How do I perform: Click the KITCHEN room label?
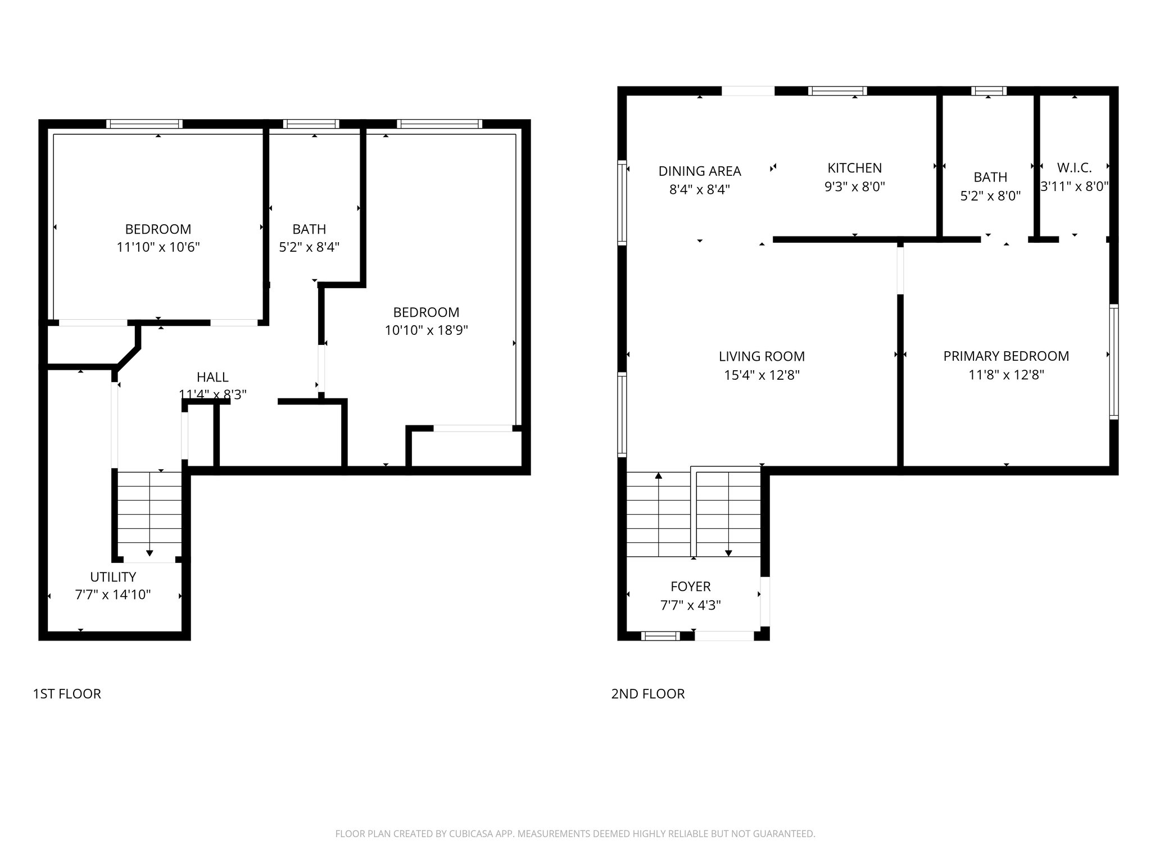point(854,168)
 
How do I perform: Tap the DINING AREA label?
point(699,171)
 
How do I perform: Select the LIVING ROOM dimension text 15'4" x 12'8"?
point(762,375)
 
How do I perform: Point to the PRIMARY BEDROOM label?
point(1005,356)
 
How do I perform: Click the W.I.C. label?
point(1074,167)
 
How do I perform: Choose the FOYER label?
point(690,587)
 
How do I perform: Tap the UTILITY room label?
point(113,577)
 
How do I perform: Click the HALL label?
point(212,378)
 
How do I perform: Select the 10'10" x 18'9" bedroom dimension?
point(426,330)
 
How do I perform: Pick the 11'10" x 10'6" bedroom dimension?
point(158,247)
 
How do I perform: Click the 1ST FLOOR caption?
point(67,694)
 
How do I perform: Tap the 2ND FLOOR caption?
point(647,694)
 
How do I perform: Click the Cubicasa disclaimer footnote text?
point(575,834)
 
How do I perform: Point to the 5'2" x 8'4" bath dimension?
point(309,247)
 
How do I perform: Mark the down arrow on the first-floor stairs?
point(149,553)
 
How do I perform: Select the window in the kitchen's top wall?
point(837,91)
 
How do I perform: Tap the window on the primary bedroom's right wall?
point(1113,362)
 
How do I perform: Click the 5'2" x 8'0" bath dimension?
point(990,196)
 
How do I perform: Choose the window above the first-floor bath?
point(311,124)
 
